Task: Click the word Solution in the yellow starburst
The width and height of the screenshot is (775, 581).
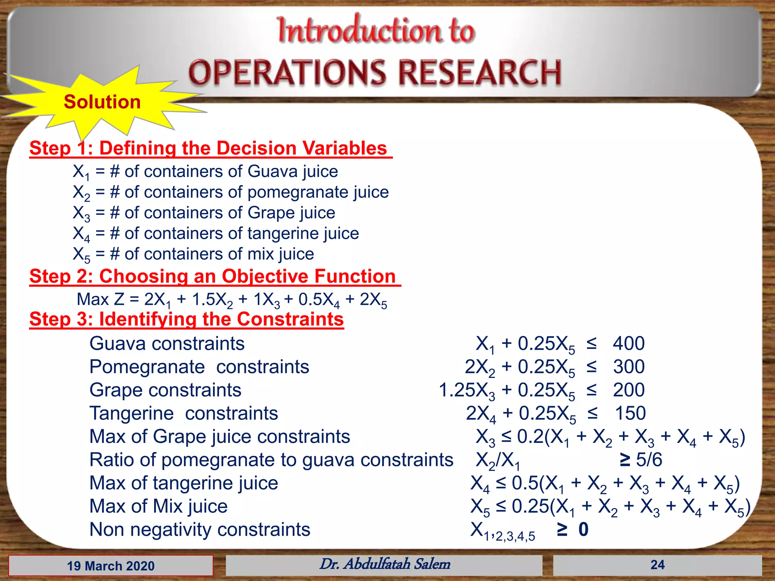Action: click(x=102, y=102)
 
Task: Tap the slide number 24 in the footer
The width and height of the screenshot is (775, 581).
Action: click(x=657, y=565)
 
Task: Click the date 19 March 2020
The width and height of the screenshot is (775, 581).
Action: click(x=111, y=566)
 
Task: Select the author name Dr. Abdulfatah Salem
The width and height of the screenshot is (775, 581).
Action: click(x=385, y=564)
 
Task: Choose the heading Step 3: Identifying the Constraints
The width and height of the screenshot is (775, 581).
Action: click(x=187, y=319)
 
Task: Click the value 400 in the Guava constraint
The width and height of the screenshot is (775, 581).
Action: click(x=629, y=343)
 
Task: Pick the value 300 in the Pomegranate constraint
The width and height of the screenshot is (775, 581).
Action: click(x=629, y=367)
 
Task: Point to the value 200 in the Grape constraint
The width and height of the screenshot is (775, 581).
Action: click(x=629, y=390)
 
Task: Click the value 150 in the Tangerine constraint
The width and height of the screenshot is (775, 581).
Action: click(x=630, y=413)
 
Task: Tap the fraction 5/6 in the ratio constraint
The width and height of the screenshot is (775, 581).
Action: click(x=649, y=460)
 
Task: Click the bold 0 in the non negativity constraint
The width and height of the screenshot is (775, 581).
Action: click(x=583, y=529)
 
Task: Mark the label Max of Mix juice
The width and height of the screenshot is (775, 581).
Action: click(x=159, y=506)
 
